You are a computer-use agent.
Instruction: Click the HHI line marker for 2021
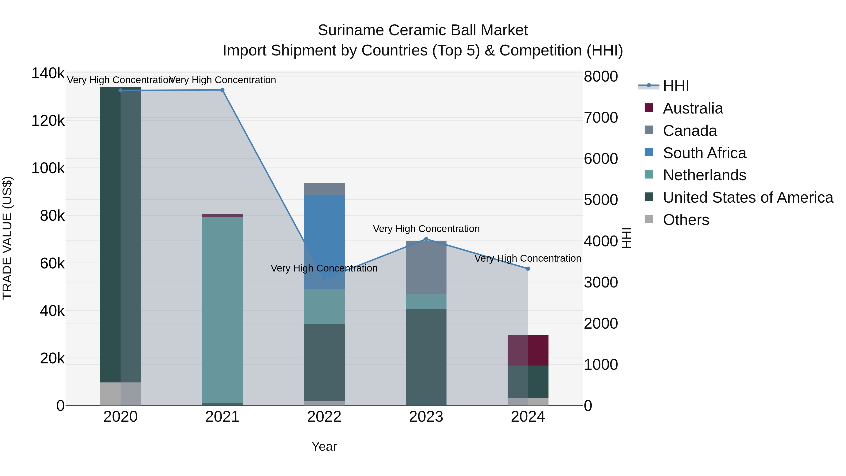pos(222,90)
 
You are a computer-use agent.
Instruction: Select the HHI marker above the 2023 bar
pos(426,239)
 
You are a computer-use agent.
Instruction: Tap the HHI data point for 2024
pos(528,269)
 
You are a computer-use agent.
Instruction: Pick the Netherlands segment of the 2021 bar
pos(222,309)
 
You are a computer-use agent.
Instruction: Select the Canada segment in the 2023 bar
pos(426,268)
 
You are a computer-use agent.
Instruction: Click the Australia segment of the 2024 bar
pos(528,350)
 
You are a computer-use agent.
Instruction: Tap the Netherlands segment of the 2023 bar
pos(426,302)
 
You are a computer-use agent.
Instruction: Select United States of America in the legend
pos(748,197)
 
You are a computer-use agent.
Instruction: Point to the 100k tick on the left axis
pos(48,168)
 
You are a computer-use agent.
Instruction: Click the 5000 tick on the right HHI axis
pos(601,200)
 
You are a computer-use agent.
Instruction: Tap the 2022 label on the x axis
pos(324,417)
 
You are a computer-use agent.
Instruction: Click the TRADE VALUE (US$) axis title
pos(7,238)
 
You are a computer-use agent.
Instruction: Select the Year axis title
pos(324,446)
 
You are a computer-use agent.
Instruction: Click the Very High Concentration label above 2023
pos(426,229)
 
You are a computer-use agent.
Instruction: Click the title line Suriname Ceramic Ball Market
pos(423,30)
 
